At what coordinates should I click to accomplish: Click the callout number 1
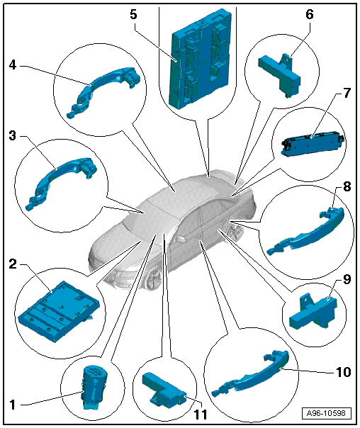pos(13,405)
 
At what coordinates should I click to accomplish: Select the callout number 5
pos(133,14)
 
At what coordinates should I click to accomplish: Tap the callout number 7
pos(347,94)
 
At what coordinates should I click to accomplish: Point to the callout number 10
pos(343,372)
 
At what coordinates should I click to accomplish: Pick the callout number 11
pos(201,415)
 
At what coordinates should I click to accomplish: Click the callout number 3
pos(13,135)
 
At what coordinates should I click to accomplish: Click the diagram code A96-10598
pos(326,413)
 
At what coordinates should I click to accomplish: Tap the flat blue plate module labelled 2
pos(59,311)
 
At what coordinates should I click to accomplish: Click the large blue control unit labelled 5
pos(201,59)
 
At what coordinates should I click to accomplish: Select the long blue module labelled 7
pos(313,144)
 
